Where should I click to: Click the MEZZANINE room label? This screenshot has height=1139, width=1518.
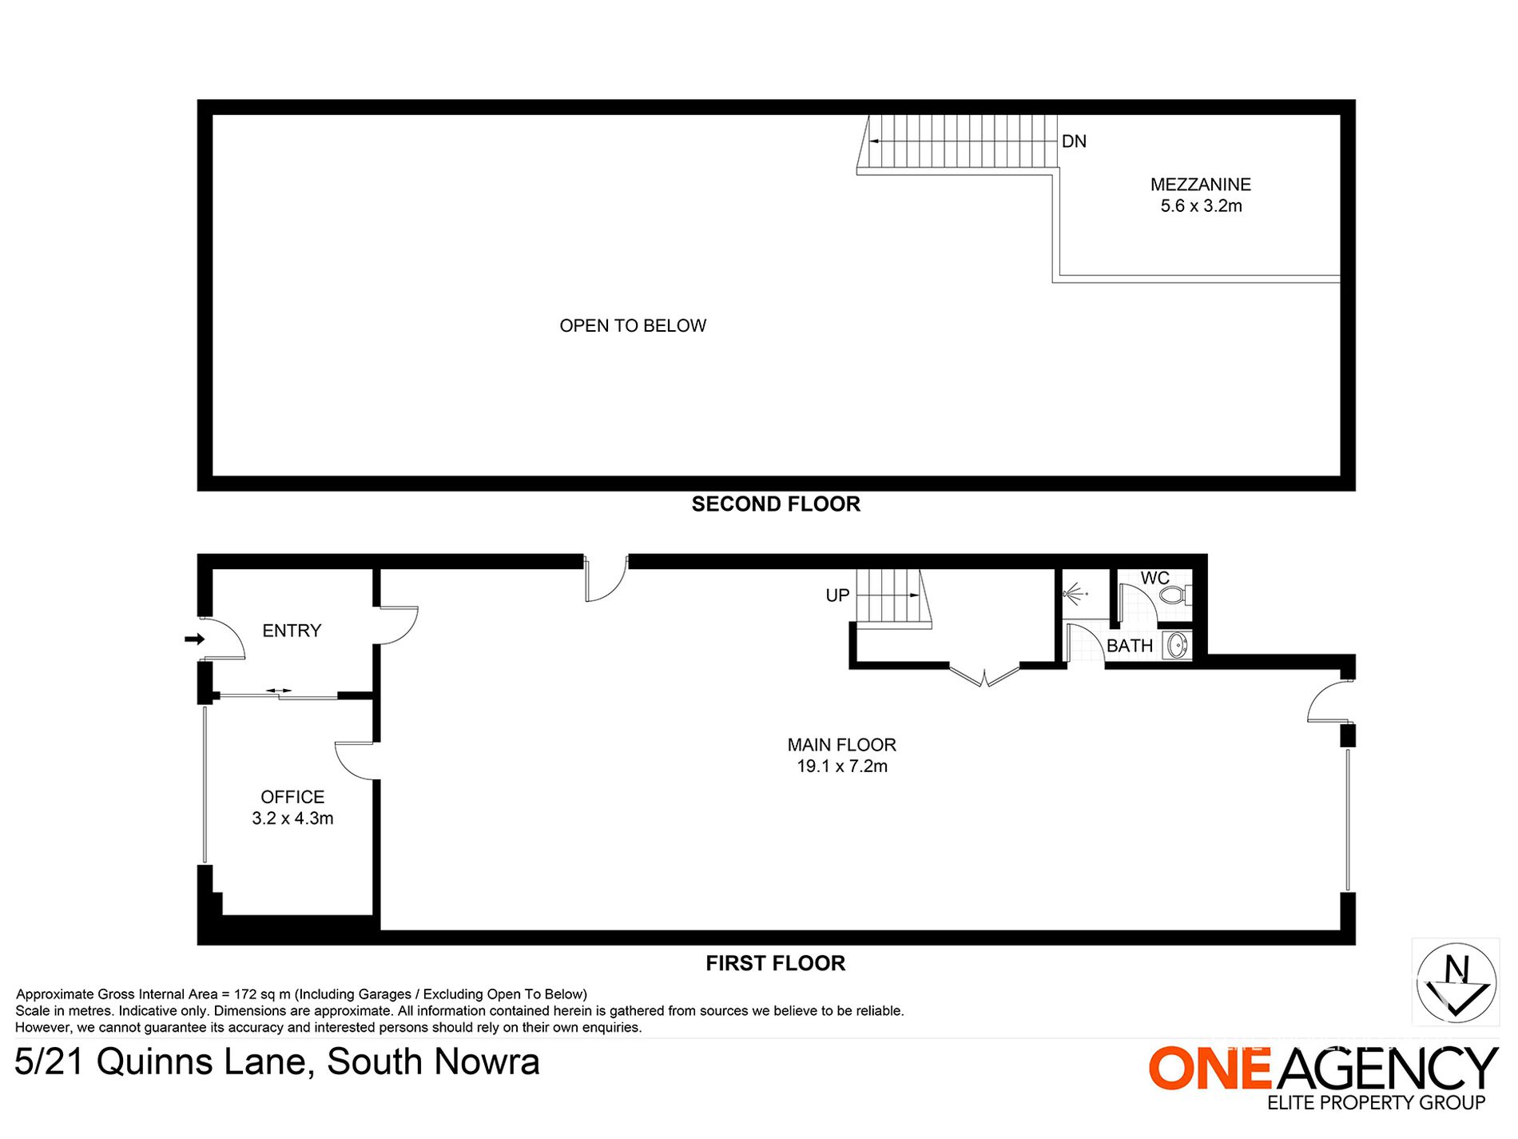click(x=1200, y=185)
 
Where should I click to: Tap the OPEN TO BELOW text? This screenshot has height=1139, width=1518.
click(x=633, y=326)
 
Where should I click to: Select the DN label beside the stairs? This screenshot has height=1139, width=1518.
click(x=1074, y=141)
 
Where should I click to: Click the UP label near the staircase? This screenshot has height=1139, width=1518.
click(x=837, y=595)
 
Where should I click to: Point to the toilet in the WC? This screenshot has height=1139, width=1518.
click(x=1175, y=595)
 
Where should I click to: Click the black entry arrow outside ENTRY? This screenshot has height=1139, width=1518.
click(x=194, y=639)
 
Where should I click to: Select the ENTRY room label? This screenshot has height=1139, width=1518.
click(x=292, y=631)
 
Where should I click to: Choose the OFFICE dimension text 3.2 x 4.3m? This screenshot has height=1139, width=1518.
click(x=292, y=818)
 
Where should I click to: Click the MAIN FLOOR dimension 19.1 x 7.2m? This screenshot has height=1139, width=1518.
click(x=842, y=767)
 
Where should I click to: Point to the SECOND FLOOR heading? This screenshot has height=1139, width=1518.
click(x=776, y=504)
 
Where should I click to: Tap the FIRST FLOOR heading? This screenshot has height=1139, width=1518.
click(x=775, y=963)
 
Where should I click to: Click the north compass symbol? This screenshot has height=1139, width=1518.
click(x=1456, y=982)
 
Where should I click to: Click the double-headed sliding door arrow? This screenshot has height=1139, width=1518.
click(x=279, y=691)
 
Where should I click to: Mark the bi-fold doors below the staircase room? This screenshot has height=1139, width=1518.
click(x=984, y=675)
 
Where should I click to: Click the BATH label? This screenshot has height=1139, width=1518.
click(x=1130, y=646)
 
